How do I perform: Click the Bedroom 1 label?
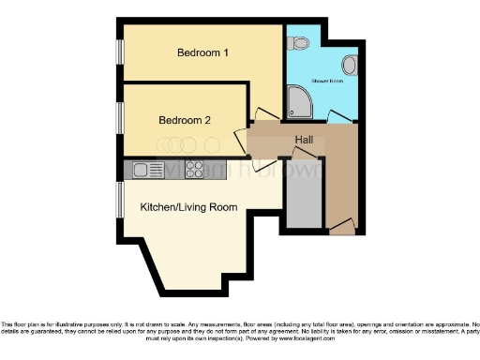[x=203, y=52]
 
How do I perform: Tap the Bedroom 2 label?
[x=184, y=120]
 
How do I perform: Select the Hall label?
[x=304, y=140]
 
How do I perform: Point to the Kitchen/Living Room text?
[x=188, y=206]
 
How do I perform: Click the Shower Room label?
[x=327, y=82]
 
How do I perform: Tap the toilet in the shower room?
[x=299, y=42]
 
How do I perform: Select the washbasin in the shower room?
[x=350, y=65]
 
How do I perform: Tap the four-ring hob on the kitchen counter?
[x=196, y=170]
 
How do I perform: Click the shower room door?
[x=340, y=116]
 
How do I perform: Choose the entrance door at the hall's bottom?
[x=343, y=225]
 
